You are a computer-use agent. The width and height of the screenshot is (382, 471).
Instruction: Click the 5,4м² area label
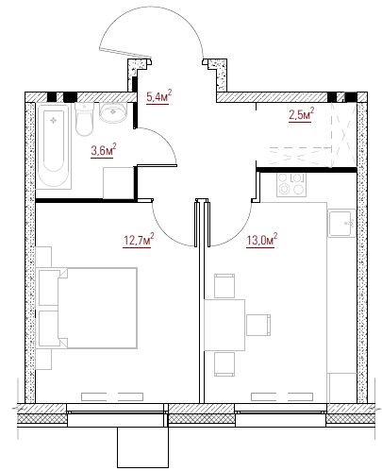point(159,97)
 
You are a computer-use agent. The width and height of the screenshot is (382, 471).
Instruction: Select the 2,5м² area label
point(302,114)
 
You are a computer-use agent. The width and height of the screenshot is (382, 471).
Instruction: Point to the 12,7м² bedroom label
point(139,241)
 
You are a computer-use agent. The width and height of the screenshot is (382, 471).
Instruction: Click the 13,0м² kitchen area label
point(261,240)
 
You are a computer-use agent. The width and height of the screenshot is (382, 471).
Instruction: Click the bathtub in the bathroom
point(54,145)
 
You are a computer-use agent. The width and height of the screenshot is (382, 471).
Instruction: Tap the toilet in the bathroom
point(84,119)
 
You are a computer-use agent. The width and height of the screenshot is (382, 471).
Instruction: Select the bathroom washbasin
point(112,112)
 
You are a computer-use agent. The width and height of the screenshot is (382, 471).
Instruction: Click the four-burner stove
point(291,184)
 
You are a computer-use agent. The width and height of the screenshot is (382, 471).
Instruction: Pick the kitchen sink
point(341,224)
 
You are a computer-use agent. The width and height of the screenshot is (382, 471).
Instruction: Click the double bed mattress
point(97,308)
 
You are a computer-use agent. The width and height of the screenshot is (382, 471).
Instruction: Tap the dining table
point(224,325)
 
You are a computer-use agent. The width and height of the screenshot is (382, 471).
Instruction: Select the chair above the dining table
point(224,286)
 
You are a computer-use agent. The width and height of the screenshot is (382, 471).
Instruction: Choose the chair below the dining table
point(224,364)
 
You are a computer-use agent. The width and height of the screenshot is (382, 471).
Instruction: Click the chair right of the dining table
point(258,325)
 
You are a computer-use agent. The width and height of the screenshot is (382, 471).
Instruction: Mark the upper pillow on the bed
point(49,288)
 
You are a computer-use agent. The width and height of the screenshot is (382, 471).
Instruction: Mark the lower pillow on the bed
point(49,328)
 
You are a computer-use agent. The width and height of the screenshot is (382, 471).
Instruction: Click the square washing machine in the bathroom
point(119,183)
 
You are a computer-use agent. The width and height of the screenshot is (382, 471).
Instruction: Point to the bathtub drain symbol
point(54,120)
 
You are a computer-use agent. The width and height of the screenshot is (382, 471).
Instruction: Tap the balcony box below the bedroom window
point(143,447)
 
